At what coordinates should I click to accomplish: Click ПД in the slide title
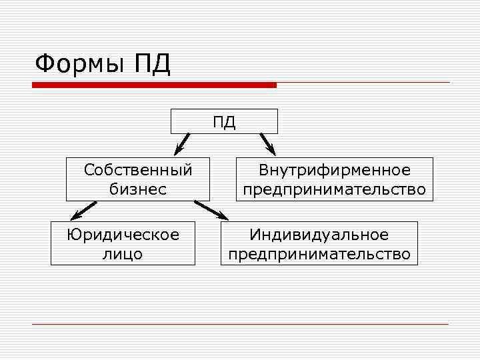click(153, 65)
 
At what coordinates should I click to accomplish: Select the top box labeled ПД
click(224, 122)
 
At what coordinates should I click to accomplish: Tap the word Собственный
click(138, 170)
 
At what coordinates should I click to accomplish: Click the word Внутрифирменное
click(335, 171)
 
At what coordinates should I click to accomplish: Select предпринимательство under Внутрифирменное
click(335, 189)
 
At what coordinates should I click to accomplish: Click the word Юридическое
click(123, 235)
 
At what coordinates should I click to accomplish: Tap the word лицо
click(123, 254)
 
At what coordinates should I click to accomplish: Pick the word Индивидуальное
click(319, 235)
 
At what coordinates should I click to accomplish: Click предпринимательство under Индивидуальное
click(319, 254)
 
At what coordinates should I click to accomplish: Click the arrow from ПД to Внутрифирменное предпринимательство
click(267, 143)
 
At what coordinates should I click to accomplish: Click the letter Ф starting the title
click(44, 65)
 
